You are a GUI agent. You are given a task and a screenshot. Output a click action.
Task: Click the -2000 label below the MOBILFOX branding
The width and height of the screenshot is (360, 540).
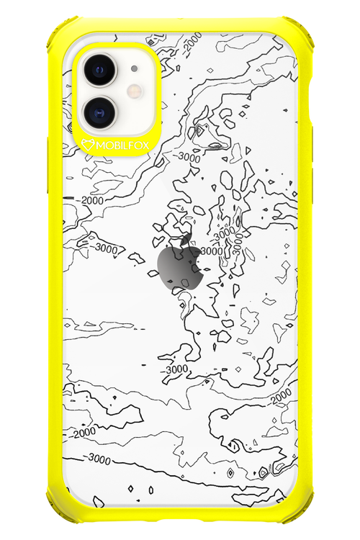93,199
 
